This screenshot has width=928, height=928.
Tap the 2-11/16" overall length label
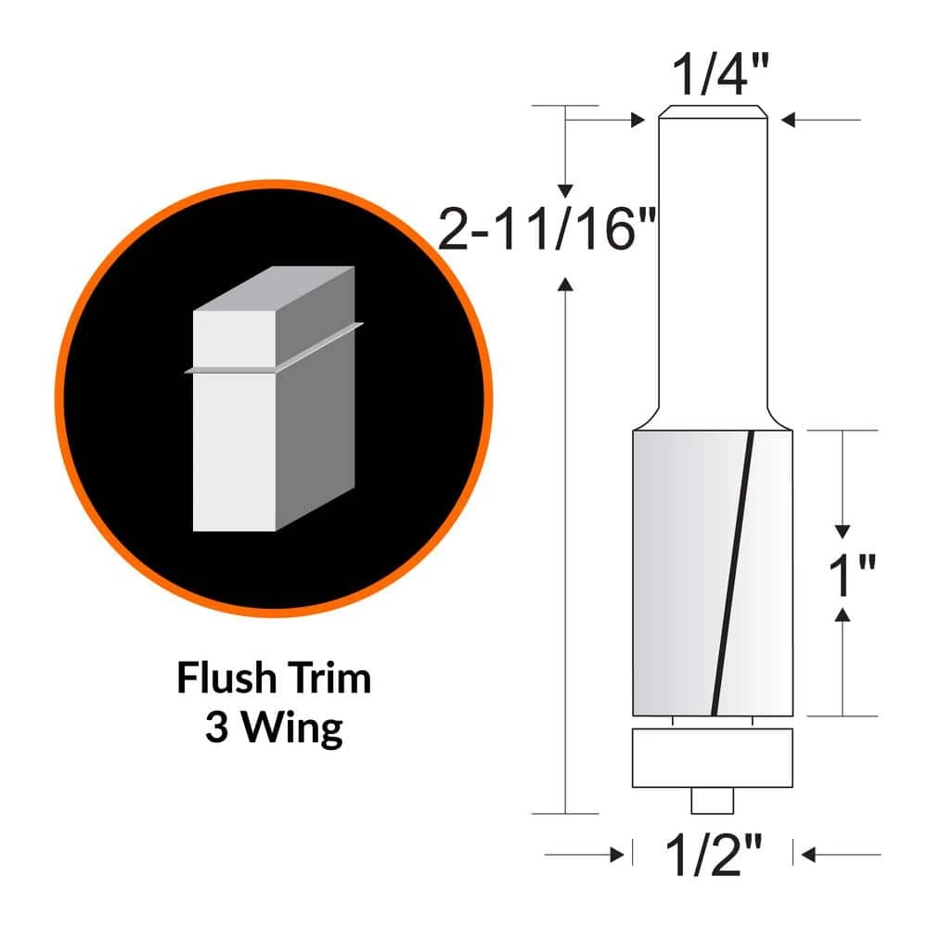pyautogui.click(x=548, y=231)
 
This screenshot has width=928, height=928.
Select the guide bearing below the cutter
pyautogui.click(x=712, y=759)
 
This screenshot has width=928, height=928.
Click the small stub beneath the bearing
pyautogui.click(x=712, y=799)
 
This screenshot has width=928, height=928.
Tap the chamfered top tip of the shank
pyautogui.click(x=712, y=114)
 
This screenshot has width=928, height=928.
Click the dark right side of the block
pyautogui.click(x=316, y=436)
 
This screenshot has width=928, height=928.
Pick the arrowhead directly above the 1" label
pyautogui.click(x=843, y=531)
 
